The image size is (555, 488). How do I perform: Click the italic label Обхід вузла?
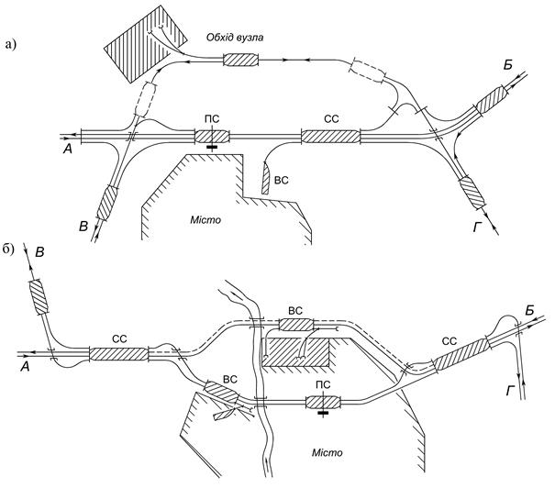235,38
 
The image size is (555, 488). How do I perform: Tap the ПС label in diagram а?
212,119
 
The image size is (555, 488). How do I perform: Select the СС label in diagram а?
331,119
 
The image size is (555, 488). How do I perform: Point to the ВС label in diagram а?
282,180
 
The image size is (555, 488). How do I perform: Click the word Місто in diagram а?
205,220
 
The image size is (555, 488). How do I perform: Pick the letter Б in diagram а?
508,65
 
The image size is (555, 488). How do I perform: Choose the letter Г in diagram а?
477,228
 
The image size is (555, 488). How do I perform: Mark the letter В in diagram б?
40,252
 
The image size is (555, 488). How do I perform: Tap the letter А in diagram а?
67,150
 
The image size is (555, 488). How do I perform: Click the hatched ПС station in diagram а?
212,137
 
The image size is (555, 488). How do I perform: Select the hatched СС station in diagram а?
330,137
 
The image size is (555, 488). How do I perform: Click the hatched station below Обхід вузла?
240,60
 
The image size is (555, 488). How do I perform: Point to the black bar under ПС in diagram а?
212,147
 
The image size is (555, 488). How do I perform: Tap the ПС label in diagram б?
323,384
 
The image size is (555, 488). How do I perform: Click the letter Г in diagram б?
510,391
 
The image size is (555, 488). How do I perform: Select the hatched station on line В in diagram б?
38,296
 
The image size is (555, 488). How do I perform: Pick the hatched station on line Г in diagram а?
472,193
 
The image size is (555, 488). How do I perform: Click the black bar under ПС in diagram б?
323,412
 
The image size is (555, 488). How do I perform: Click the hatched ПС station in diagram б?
323,402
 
